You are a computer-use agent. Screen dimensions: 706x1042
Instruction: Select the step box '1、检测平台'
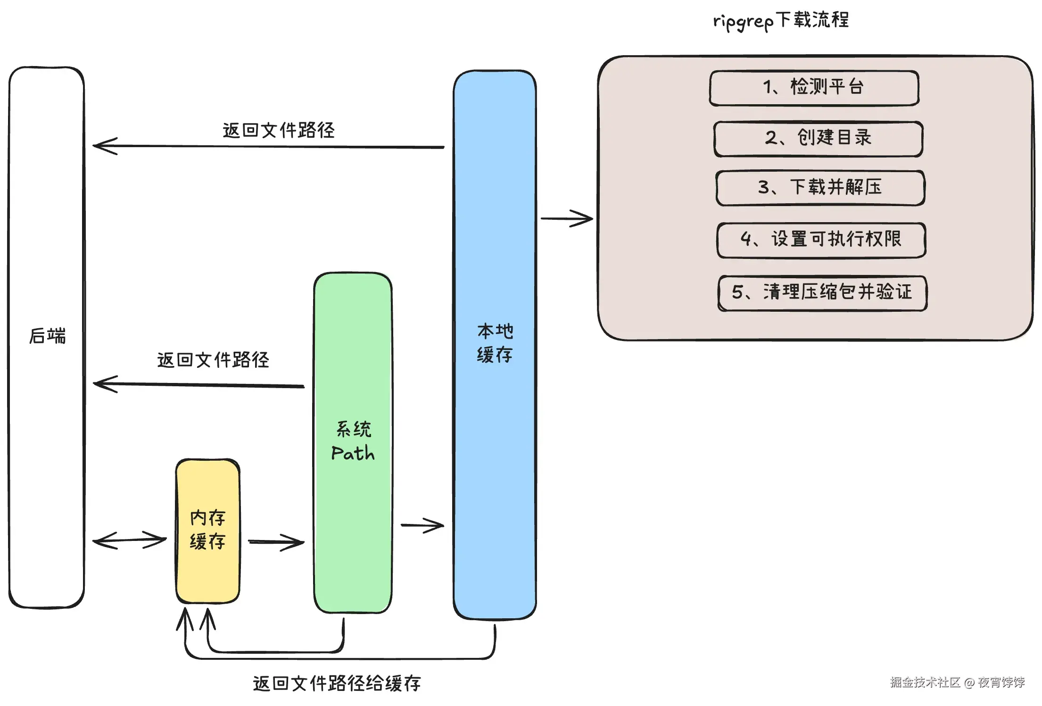tap(814, 88)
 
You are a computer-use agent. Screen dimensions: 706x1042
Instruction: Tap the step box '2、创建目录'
tap(818, 138)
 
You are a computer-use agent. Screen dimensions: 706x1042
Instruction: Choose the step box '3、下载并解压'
tap(820, 188)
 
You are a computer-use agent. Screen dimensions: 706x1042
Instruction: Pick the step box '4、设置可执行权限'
tap(821, 240)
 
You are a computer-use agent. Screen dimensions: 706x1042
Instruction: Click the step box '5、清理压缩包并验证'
tap(822, 292)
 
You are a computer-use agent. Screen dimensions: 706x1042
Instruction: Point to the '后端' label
tap(47, 336)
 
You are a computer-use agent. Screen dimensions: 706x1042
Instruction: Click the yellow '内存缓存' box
tap(208, 531)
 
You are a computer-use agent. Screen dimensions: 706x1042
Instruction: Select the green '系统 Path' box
tap(353, 442)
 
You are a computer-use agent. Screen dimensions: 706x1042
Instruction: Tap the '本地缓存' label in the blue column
tap(495, 343)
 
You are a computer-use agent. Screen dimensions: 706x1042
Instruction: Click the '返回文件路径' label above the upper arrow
tap(278, 131)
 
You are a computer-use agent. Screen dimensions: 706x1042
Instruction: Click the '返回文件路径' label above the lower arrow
tap(213, 360)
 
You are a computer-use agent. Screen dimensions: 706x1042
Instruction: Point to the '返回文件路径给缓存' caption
tap(337, 683)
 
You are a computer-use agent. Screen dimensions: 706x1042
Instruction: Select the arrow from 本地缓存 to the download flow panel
tap(566, 218)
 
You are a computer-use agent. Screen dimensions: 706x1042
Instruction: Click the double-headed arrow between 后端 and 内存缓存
tap(130, 540)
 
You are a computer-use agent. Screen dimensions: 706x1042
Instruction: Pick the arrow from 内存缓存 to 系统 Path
tap(276, 542)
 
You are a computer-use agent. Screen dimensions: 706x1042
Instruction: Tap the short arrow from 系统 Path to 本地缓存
tap(422, 525)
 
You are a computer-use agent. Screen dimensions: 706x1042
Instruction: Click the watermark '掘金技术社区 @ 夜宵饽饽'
tap(957, 682)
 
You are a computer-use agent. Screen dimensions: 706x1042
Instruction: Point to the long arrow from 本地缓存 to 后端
tap(269, 147)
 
